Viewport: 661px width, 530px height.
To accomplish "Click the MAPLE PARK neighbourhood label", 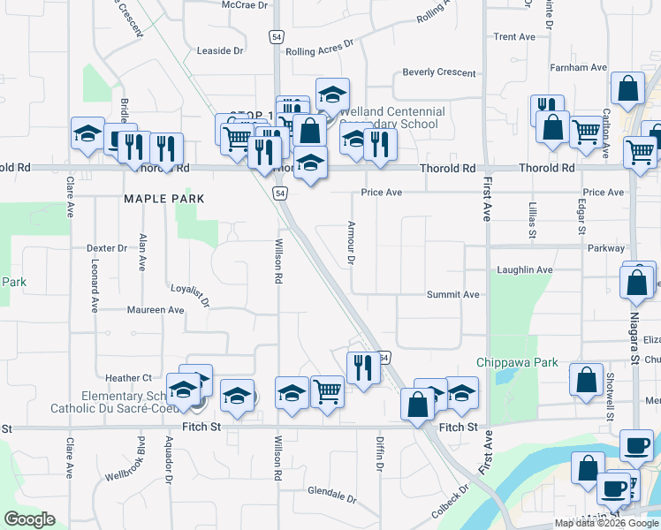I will [164, 199].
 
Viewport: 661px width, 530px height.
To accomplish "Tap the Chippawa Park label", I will [517, 362].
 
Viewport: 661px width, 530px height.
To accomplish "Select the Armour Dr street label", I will [351, 243].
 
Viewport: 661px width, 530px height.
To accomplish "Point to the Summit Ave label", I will [452, 295].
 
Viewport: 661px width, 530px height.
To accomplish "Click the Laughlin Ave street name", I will [525, 269].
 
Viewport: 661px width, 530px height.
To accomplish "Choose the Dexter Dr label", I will [109, 249].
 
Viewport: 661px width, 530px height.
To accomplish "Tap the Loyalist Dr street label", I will [190, 295].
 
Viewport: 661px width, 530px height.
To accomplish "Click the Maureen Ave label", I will [156, 310].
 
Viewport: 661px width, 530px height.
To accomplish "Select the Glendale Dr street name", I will [331, 492].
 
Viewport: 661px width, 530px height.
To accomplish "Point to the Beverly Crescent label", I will [440, 72].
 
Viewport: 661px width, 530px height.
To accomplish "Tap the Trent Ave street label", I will [514, 37].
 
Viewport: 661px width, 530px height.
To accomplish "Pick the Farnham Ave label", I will [578, 67].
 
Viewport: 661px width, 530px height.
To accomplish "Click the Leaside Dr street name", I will [219, 51].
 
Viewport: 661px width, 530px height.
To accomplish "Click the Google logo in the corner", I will [30, 519].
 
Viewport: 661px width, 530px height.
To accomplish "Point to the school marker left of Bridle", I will [87, 133].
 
